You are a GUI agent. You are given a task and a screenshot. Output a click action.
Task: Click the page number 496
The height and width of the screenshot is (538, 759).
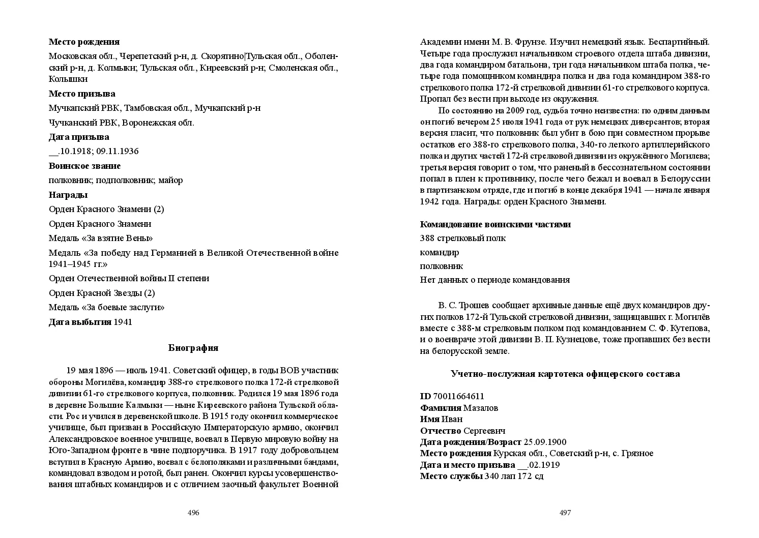[x=193, y=513]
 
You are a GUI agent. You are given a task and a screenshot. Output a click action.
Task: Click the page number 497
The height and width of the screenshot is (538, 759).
[x=565, y=513]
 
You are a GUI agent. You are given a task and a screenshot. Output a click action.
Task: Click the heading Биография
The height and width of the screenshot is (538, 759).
[x=193, y=348]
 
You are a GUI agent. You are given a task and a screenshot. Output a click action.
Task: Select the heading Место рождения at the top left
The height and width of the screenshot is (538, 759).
[x=84, y=42]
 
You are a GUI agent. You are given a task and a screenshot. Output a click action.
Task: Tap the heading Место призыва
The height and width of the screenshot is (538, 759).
[x=82, y=94]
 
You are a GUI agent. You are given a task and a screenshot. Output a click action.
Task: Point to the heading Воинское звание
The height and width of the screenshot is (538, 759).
[x=84, y=166]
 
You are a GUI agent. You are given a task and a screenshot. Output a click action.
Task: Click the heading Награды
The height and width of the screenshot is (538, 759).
[x=68, y=195]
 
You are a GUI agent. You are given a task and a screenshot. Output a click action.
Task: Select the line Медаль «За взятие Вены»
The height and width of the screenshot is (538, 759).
[x=101, y=238]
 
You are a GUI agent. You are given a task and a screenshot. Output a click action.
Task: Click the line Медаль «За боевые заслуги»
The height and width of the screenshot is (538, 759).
[x=106, y=307]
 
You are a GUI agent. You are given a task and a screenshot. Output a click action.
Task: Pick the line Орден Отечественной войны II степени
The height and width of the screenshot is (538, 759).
[x=129, y=278]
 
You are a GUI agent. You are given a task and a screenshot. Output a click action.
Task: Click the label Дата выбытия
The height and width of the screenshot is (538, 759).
[x=80, y=322]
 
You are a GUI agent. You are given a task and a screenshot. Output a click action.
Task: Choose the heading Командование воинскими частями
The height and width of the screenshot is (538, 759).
[x=495, y=224]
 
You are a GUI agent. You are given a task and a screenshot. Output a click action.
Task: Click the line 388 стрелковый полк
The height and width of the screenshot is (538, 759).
[x=463, y=238]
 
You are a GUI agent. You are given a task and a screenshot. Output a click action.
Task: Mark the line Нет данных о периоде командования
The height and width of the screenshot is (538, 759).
[x=494, y=280]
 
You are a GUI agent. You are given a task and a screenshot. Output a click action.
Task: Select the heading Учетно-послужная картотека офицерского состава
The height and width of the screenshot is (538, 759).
[x=565, y=374]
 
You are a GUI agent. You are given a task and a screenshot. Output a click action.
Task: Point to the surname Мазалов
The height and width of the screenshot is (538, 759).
[x=481, y=408]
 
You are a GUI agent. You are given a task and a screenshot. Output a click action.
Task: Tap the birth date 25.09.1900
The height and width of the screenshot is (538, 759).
[x=544, y=442]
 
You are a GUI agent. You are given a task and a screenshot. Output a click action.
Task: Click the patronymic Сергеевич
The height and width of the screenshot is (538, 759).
[x=484, y=431]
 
